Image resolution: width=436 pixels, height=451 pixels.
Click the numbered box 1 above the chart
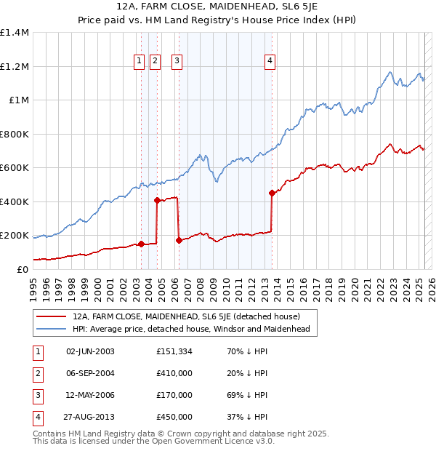139,62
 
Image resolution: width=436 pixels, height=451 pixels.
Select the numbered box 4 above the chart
270,62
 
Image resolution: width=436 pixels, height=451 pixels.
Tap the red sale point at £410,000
157,200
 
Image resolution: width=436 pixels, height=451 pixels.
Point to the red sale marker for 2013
272,193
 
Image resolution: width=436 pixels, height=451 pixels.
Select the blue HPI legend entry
191,329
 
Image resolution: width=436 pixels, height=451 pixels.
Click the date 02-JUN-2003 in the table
90,352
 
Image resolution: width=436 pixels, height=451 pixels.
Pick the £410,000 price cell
174,373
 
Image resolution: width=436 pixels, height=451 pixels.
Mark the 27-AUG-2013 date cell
90,417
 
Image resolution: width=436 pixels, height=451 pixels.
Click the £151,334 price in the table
174,352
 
